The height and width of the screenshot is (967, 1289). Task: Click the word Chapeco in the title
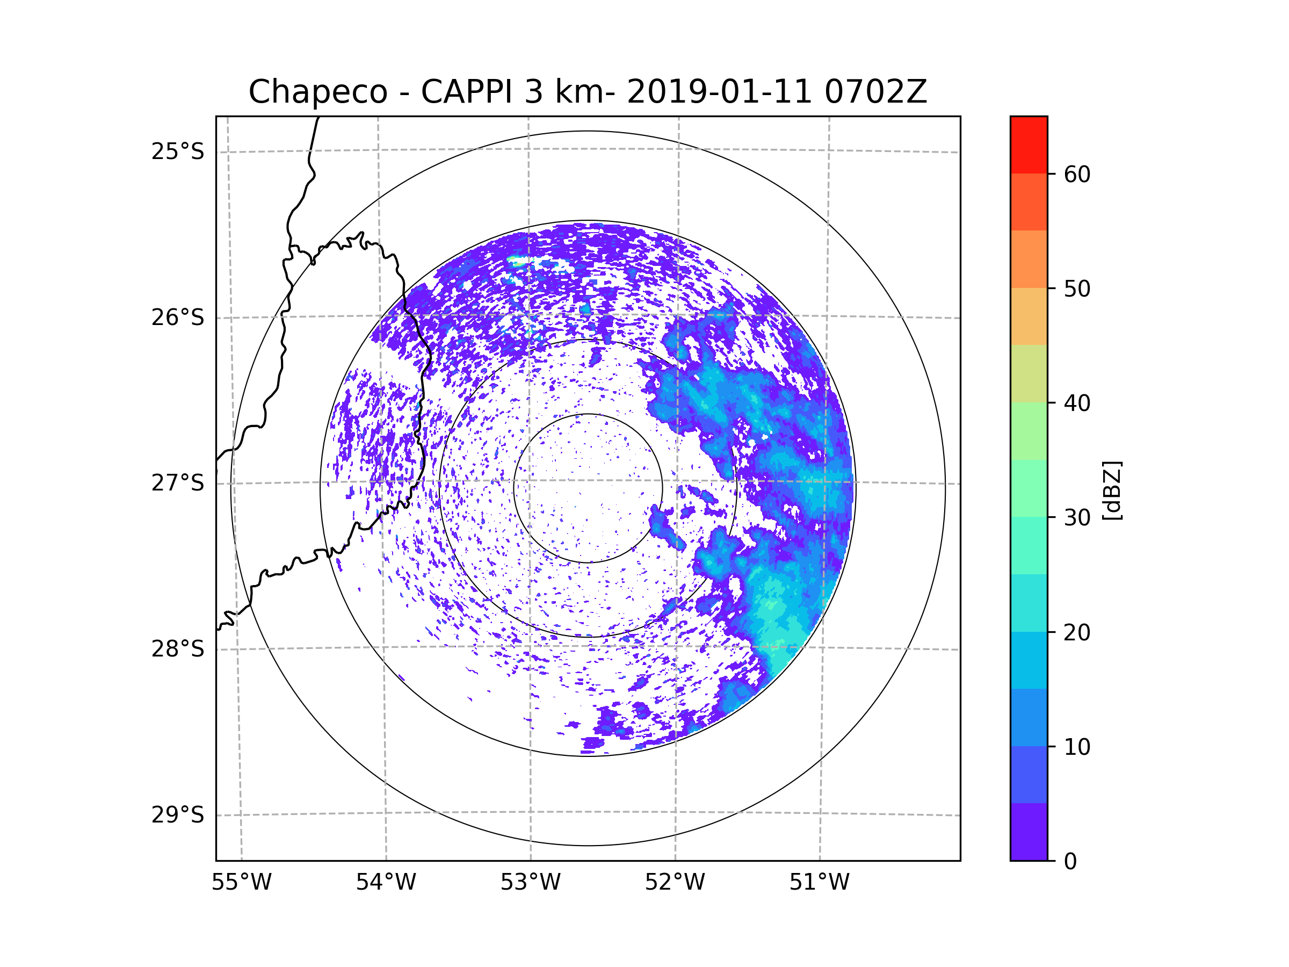317,92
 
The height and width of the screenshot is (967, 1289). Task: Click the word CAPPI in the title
467,92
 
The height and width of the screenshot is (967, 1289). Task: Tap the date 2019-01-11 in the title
719,92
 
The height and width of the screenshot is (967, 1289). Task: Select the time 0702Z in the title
875,92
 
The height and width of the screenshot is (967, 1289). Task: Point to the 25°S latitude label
178,151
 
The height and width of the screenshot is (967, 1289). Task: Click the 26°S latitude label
178,317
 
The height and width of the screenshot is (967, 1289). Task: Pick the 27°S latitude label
178,483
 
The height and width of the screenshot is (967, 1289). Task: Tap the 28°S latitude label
178,649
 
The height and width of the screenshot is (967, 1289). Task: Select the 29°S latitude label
178,815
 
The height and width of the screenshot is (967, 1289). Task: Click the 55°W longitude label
241,883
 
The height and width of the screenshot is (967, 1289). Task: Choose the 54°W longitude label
386,883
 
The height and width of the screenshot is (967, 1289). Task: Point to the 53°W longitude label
530,883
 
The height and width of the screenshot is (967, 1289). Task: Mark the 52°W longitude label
675,883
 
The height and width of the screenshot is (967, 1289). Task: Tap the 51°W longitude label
819,883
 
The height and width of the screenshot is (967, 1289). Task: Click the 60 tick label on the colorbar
1077,174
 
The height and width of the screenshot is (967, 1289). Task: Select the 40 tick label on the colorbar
1077,403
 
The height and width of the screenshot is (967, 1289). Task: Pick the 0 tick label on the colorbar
1070,862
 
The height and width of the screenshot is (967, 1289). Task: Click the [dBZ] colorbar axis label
1112,490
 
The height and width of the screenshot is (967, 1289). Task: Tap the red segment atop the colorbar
1029,145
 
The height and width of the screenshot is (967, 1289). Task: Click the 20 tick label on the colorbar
1077,632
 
